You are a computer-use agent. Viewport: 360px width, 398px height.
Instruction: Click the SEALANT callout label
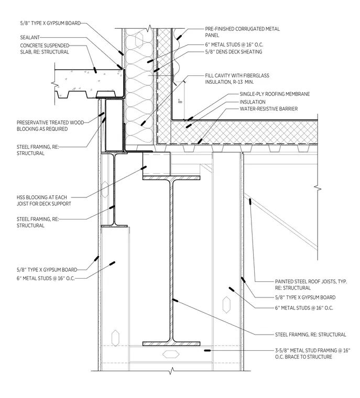(30, 38)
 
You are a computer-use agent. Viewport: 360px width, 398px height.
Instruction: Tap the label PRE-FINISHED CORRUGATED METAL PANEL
(243, 32)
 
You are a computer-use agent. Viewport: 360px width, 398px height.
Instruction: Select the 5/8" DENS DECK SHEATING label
(234, 52)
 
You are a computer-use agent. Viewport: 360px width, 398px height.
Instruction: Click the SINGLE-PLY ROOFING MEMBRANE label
(275, 94)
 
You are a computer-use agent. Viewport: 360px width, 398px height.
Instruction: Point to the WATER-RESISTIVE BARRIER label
(268, 109)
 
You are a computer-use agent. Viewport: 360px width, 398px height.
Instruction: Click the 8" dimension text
(180, 101)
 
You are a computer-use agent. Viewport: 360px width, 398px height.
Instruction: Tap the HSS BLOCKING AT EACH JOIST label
(43, 201)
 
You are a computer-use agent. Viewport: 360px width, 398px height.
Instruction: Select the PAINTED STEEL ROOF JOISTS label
(311, 285)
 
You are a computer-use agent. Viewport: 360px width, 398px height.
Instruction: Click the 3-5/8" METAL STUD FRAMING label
(312, 353)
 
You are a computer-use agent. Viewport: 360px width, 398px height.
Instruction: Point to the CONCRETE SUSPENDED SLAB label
(45, 49)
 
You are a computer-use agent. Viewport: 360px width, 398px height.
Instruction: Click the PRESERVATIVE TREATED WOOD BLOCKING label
(50, 126)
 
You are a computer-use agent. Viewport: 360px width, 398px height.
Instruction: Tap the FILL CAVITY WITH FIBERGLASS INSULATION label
(237, 79)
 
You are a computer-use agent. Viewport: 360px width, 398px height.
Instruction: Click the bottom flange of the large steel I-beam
(171, 344)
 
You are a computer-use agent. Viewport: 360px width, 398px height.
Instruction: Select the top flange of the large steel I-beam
(171, 178)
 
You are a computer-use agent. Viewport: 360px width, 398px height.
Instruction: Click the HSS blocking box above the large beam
(156, 164)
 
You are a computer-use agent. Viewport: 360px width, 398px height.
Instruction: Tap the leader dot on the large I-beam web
(175, 301)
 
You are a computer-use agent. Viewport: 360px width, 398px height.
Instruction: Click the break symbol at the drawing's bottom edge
(172, 371)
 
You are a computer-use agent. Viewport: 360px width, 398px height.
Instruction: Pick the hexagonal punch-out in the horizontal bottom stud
(171, 354)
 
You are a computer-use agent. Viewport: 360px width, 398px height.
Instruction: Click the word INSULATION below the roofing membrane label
(253, 102)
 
